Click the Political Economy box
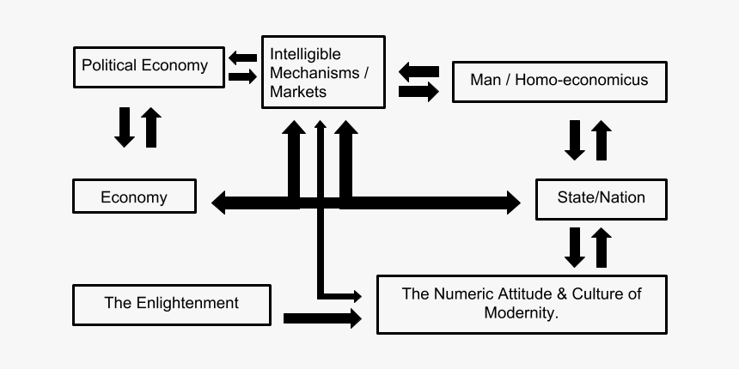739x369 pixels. (x=144, y=66)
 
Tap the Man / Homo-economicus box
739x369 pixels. (x=559, y=81)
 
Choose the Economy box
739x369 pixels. (x=134, y=197)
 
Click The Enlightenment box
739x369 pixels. (x=171, y=303)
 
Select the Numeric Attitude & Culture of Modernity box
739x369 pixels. (x=522, y=304)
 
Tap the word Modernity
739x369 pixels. (x=522, y=313)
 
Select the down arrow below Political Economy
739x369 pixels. (x=125, y=127)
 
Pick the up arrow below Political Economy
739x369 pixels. (x=151, y=127)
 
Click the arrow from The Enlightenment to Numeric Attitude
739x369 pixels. (x=322, y=318)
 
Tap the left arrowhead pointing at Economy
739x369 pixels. (x=221, y=203)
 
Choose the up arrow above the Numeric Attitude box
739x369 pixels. (x=601, y=248)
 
